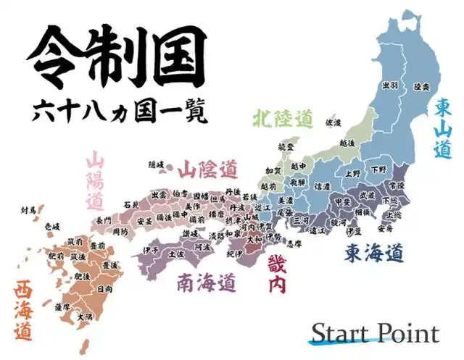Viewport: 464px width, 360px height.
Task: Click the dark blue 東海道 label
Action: [x=373, y=254]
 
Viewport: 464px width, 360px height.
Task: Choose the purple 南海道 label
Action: [x=207, y=280]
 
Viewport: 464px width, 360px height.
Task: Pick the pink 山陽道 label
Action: [x=95, y=180]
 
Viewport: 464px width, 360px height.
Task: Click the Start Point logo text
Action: [x=375, y=333]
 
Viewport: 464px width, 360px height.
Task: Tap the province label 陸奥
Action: [x=421, y=86]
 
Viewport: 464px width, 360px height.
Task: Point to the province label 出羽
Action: [x=390, y=85]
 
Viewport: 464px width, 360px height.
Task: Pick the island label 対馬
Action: [x=28, y=211]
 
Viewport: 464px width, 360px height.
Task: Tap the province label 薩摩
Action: [x=64, y=306]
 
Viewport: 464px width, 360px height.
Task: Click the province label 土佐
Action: [x=176, y=254]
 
